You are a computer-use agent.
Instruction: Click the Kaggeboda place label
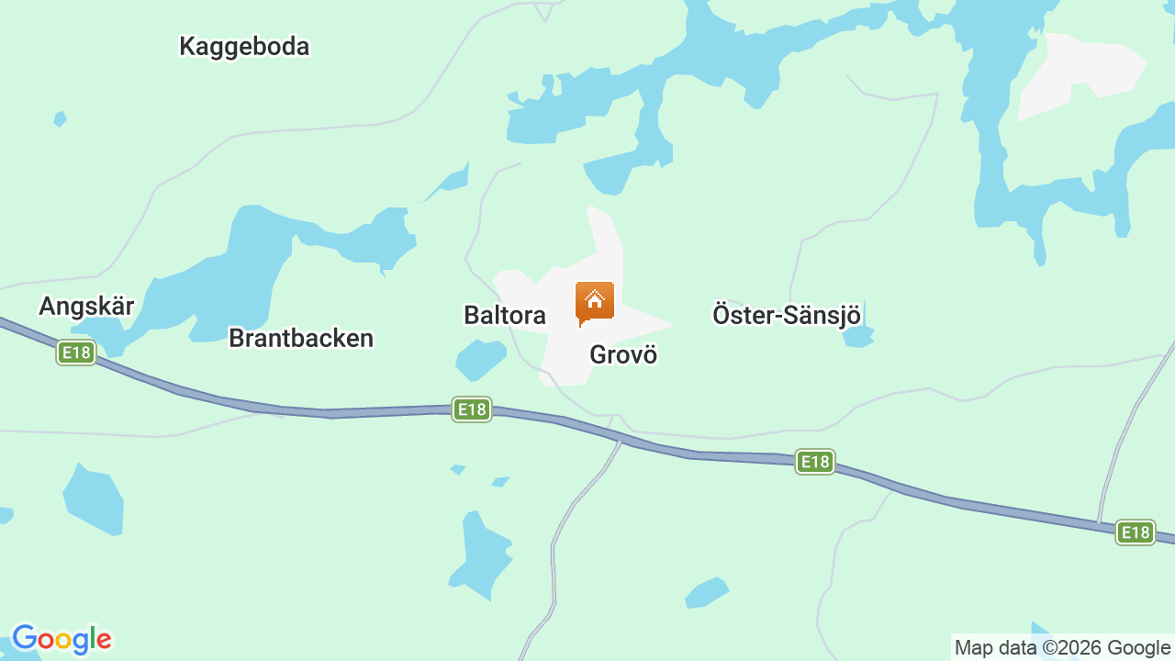(x=244, y=46)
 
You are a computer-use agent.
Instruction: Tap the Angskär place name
(x=86, y=306)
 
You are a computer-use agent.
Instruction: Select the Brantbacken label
(x=301, y=338)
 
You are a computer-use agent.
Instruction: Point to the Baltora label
(x=505, y=315)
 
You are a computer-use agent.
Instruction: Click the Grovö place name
(x=623, y=354)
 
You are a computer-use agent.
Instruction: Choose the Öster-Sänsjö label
(x=787, y=315)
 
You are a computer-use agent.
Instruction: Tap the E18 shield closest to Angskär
(x=76, y=353)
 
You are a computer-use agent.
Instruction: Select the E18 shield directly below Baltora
(x=472, y=409)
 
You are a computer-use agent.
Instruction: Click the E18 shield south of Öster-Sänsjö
(x=814, y=462)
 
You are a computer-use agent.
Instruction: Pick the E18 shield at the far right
(x=1136, y=532)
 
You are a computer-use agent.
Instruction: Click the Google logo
(x=62, y=639)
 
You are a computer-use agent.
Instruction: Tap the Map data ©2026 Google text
(x=1062, y=647)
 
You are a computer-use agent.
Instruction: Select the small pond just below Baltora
(x=480, y=359)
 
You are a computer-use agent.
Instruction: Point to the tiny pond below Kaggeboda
(x=60, y=118)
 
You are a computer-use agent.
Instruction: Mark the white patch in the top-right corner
(x=1079, y=73)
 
